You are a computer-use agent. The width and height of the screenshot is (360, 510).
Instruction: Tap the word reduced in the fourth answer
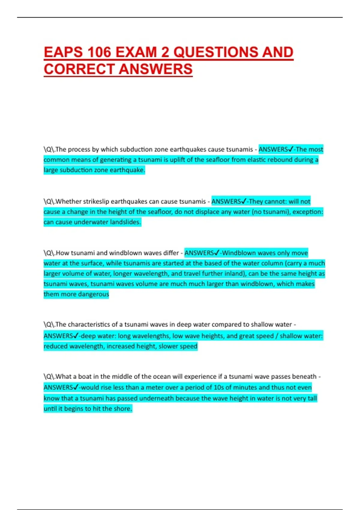point(55,346)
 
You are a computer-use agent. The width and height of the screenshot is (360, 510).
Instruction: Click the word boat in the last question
point(85,376)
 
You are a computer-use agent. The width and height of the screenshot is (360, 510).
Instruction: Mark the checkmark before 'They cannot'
point(244,201)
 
